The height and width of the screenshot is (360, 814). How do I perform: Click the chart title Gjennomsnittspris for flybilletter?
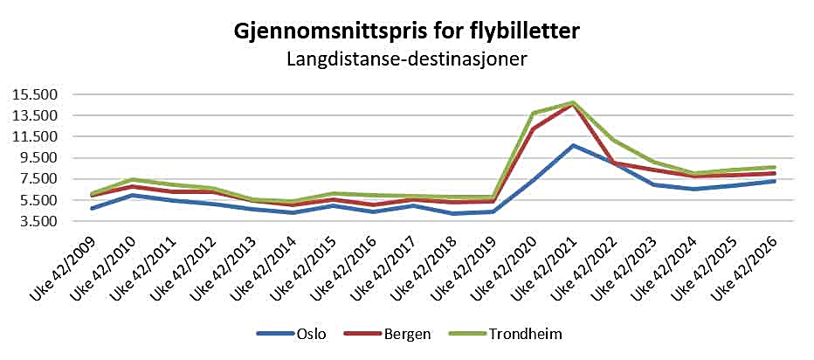coord(406,32)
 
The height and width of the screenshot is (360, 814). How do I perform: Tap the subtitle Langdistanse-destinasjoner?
coord(407,59)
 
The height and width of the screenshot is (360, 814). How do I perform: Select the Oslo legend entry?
coord(292,334)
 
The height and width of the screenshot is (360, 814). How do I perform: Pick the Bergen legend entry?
coord(387,334)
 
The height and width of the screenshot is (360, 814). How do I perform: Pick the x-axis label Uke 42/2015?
coord(304,268)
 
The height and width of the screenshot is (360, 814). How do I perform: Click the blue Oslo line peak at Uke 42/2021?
coord(573,145)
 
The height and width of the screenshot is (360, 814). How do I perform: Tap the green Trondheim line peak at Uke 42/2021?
coord(573,102)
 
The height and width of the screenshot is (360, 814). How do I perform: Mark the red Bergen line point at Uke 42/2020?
coord(533,128)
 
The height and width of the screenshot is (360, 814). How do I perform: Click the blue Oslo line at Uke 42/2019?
coord(493,211)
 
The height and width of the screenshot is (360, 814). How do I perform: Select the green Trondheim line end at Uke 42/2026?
coord(775,167)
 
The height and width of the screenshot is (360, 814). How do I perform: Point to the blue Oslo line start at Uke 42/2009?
coord(93,208)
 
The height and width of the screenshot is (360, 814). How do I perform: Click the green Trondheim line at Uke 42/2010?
coord(133,180)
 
